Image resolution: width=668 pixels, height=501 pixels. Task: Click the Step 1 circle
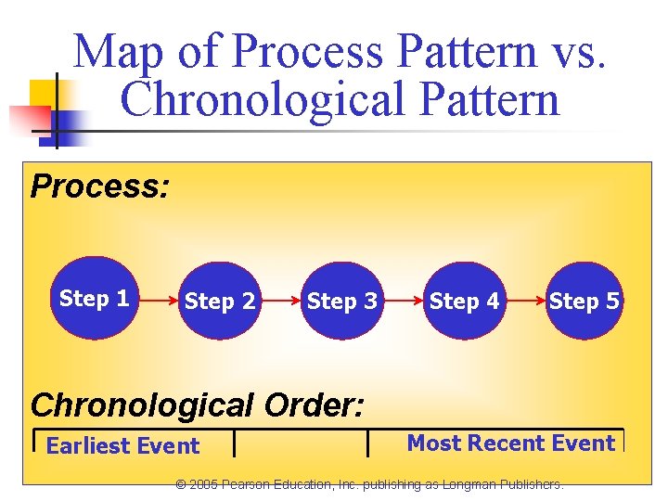coord(94,299)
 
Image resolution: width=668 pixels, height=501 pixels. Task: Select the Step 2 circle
coord(220,302)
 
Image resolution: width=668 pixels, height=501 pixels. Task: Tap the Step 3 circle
coord(342,302)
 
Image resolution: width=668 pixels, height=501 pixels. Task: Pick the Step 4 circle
coord(464,302)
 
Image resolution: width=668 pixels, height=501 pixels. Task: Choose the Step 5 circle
coord(584,302)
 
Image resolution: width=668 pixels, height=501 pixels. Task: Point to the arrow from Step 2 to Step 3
coord(281,302)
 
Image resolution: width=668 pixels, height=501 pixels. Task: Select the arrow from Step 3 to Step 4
coord(404,302)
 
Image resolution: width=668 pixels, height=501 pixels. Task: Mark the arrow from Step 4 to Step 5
coord(524,302)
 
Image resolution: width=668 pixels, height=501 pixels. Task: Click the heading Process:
coord(100,186)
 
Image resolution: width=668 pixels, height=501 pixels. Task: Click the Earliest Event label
coord(122,446)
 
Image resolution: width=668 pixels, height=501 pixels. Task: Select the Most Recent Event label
coord(510,443)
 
